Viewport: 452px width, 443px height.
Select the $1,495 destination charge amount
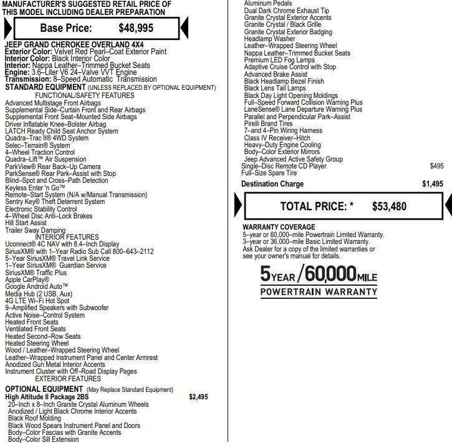[433, 184]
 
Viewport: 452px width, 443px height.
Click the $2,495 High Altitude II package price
[198, 397]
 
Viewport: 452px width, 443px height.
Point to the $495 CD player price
[437, 166]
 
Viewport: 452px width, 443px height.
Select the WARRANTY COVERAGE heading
[279, 227]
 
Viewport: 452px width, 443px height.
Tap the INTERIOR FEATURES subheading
[67, 236]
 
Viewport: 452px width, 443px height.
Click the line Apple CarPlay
[27, 280]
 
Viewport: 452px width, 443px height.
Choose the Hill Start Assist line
[26, 223]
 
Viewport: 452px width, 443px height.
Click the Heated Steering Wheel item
[37, 343]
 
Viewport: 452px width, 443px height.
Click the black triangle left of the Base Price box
[6, 27]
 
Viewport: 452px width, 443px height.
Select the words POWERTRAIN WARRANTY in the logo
[318, 291]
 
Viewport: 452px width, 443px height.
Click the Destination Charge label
[272, 184]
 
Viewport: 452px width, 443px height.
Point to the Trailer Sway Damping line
[35, 230]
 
